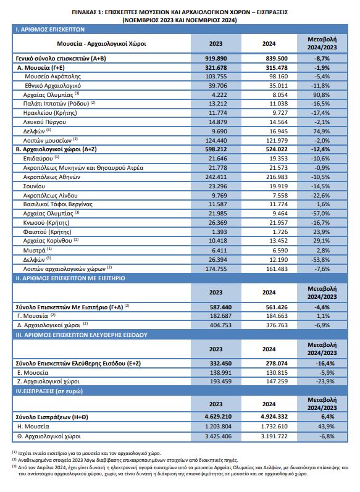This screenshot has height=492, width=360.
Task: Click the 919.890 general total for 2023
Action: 216,59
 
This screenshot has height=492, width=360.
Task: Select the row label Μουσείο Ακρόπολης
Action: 52,77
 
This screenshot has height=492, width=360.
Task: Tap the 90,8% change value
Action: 321,95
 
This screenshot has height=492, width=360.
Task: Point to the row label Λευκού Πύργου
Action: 44,122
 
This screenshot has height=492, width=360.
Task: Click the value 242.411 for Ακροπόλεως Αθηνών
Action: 216,177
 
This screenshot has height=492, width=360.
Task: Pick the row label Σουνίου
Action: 34,186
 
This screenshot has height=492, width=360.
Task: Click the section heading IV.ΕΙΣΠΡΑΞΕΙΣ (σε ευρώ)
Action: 49,391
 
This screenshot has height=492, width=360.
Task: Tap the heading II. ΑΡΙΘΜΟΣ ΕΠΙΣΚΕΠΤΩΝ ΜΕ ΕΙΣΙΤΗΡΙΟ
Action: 70,278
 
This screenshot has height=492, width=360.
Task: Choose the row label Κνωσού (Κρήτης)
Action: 46,223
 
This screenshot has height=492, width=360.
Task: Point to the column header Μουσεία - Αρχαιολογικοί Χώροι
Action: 101,44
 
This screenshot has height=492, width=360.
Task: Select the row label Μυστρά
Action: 34,251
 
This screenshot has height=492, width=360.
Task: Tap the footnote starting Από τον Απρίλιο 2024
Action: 180,470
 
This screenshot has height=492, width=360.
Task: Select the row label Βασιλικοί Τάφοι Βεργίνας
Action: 58,204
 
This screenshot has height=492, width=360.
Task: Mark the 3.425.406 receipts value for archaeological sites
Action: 216,436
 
